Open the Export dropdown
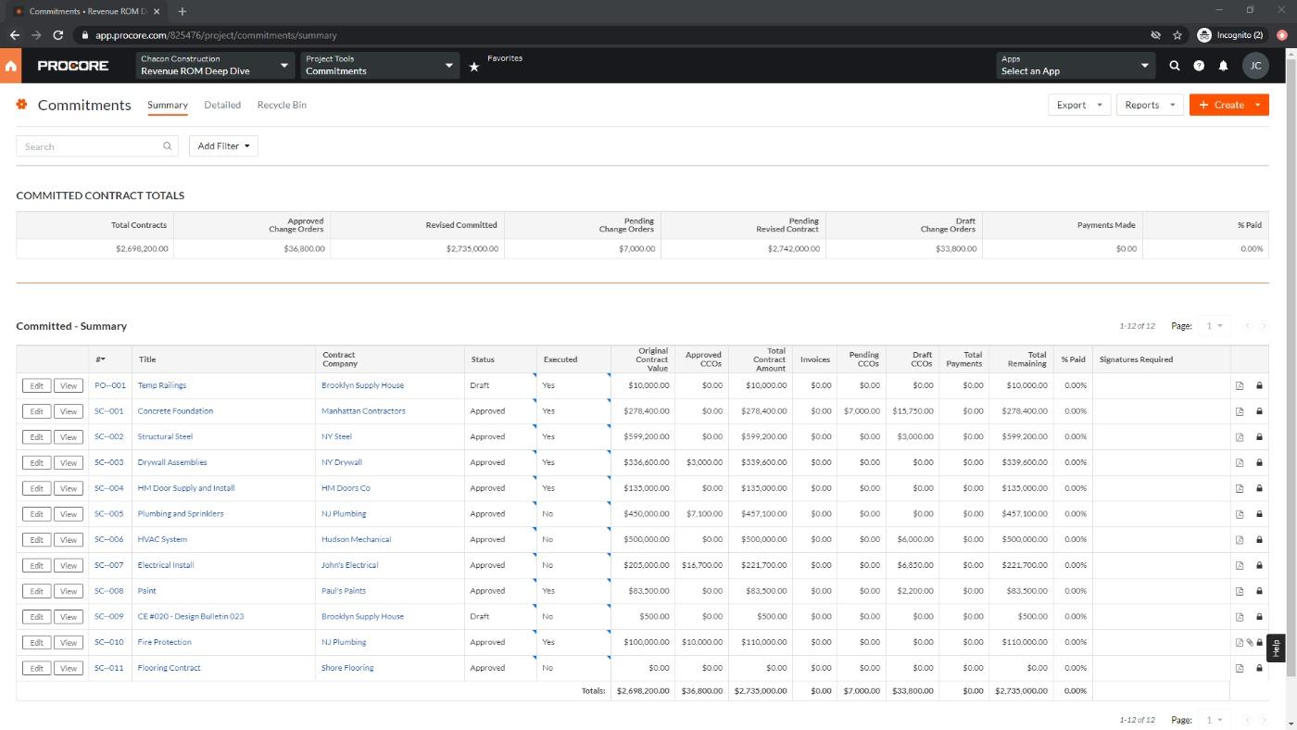point(1078,105)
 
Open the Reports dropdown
point(1149,105)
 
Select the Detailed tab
point(222,105)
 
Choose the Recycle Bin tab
point(282,105)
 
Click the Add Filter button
point(223,146)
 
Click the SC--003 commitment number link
point(109,462)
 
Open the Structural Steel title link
point(165,436)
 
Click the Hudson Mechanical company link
point(356,539)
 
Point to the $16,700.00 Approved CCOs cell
point(701,565)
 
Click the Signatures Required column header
point(1136,359)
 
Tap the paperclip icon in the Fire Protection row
point(1249,643)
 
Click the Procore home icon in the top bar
point(11,66)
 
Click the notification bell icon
point(1223,66)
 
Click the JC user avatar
point(1255,66)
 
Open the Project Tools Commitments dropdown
point(380,66)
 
